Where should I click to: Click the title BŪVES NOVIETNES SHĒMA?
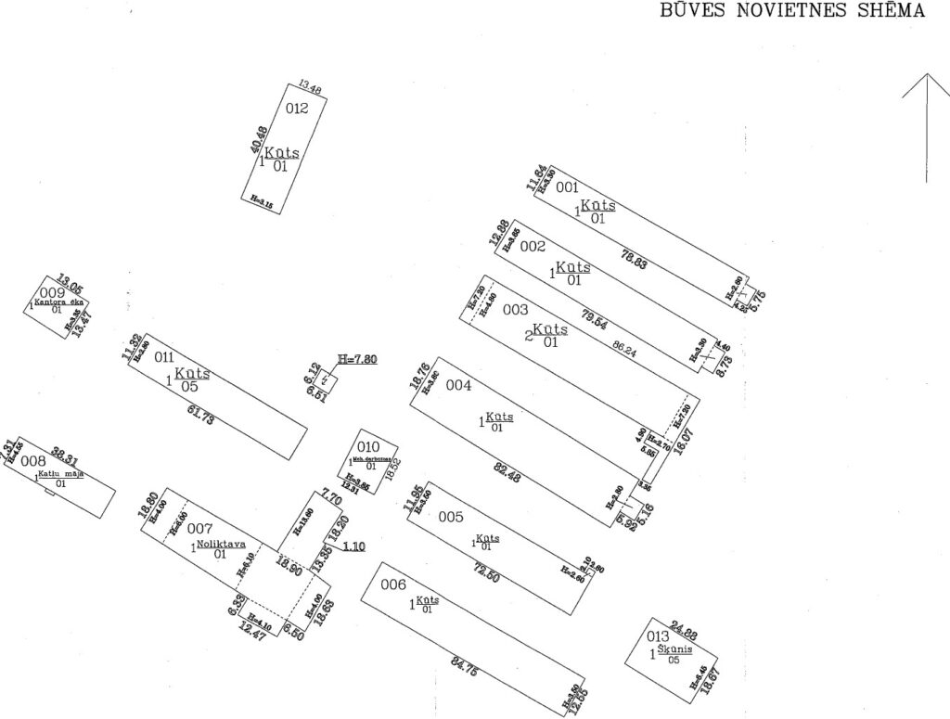tap(791, 11)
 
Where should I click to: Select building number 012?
tap(297, 109)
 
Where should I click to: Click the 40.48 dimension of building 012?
tap(260, 140)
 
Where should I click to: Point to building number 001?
tap(567, 187)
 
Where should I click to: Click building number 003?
tap(515, 309)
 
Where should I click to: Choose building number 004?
tap(459, 385)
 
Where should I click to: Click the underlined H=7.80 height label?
tap(358, 359)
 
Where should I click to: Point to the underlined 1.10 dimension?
tap(353, 546)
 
